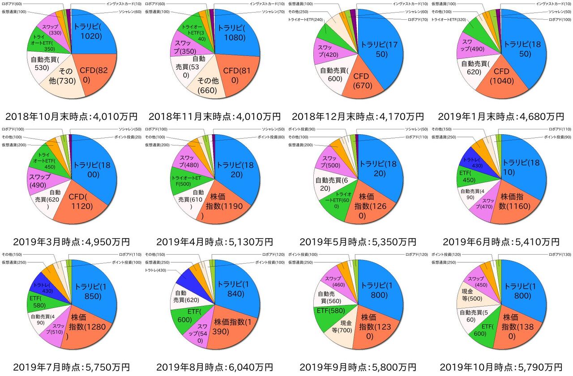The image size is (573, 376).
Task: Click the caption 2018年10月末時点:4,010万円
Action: point(72,117)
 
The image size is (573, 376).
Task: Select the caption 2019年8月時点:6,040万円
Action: point(214,367)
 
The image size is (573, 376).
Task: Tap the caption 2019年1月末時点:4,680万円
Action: point(501,117)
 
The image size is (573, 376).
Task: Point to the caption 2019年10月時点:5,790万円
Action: point(501,367)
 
